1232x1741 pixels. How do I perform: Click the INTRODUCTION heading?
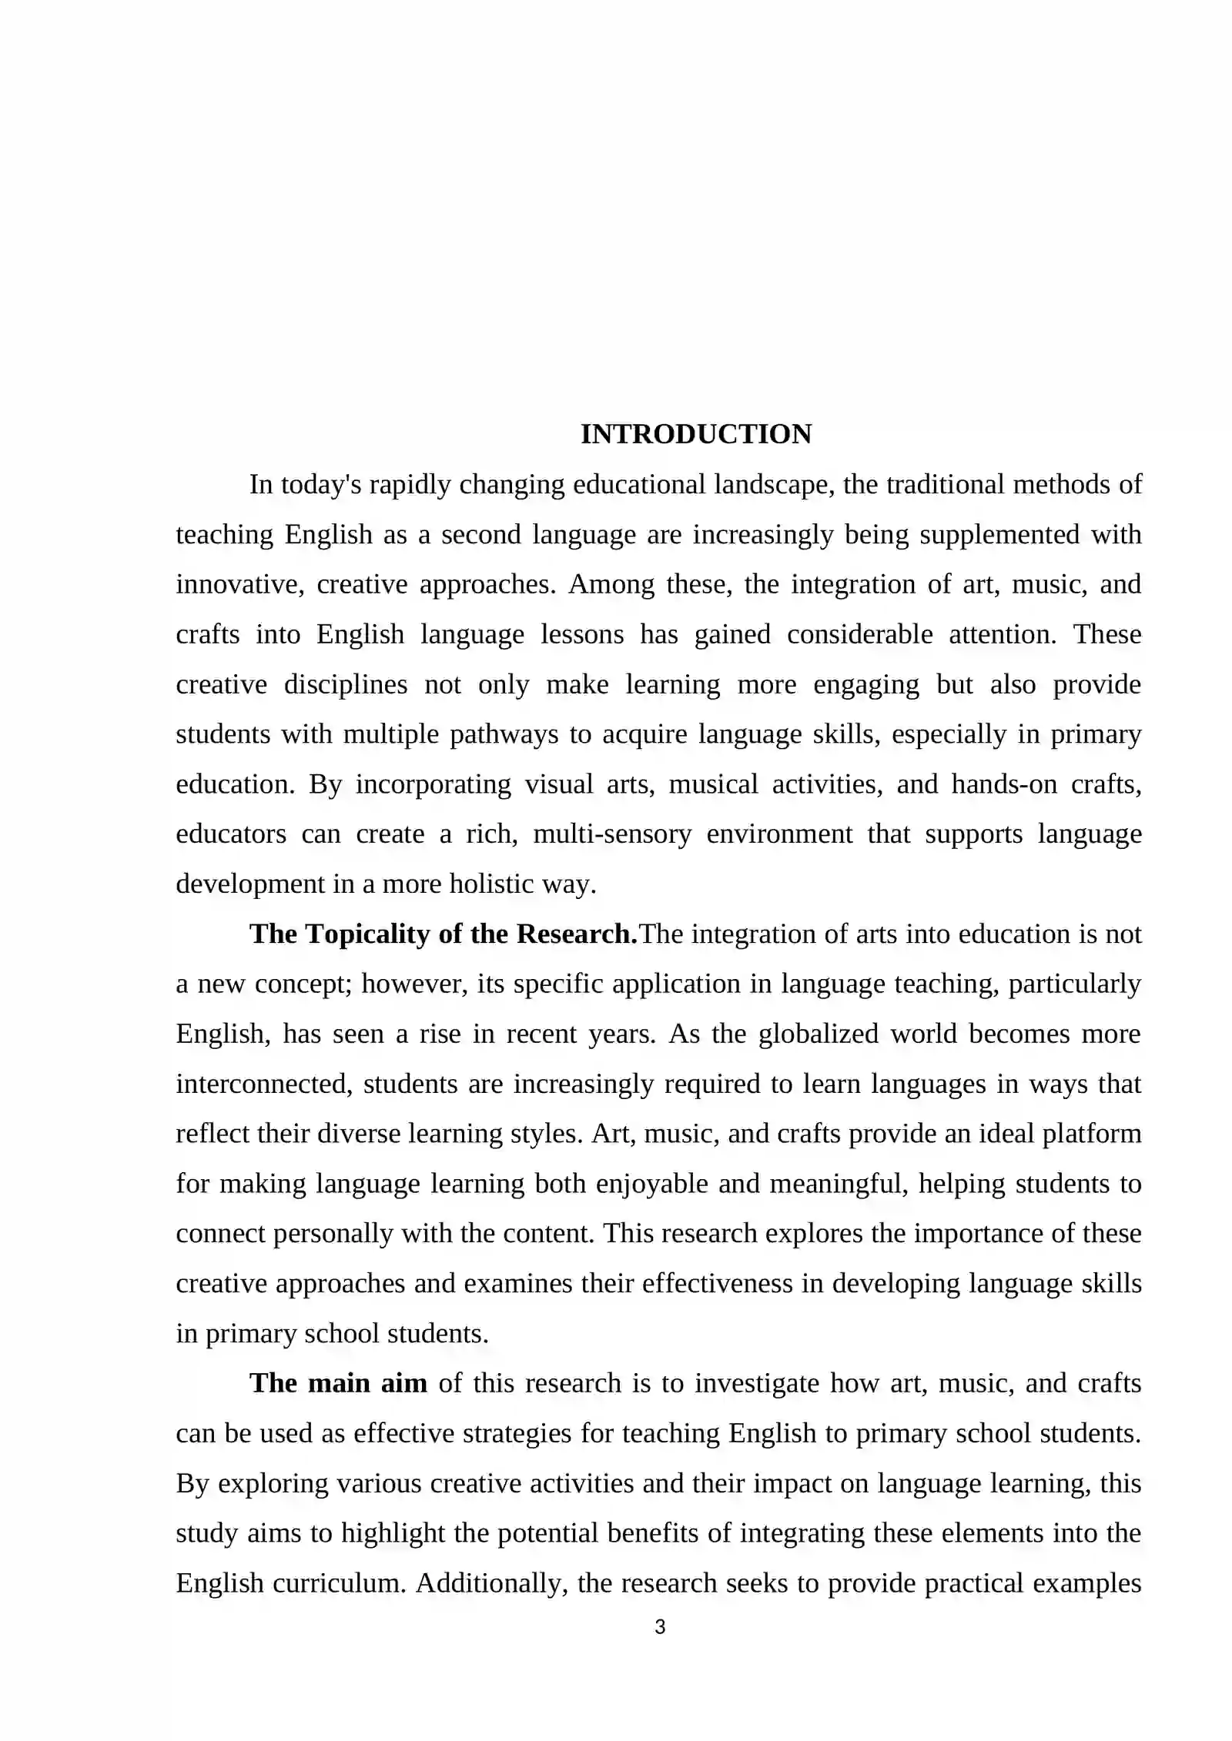[x=695, y=434]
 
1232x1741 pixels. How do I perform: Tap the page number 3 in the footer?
[x=659, y=1627]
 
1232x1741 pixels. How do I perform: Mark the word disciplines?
[x=346, y=684]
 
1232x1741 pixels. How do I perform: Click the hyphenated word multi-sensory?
[x=612, y=834]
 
